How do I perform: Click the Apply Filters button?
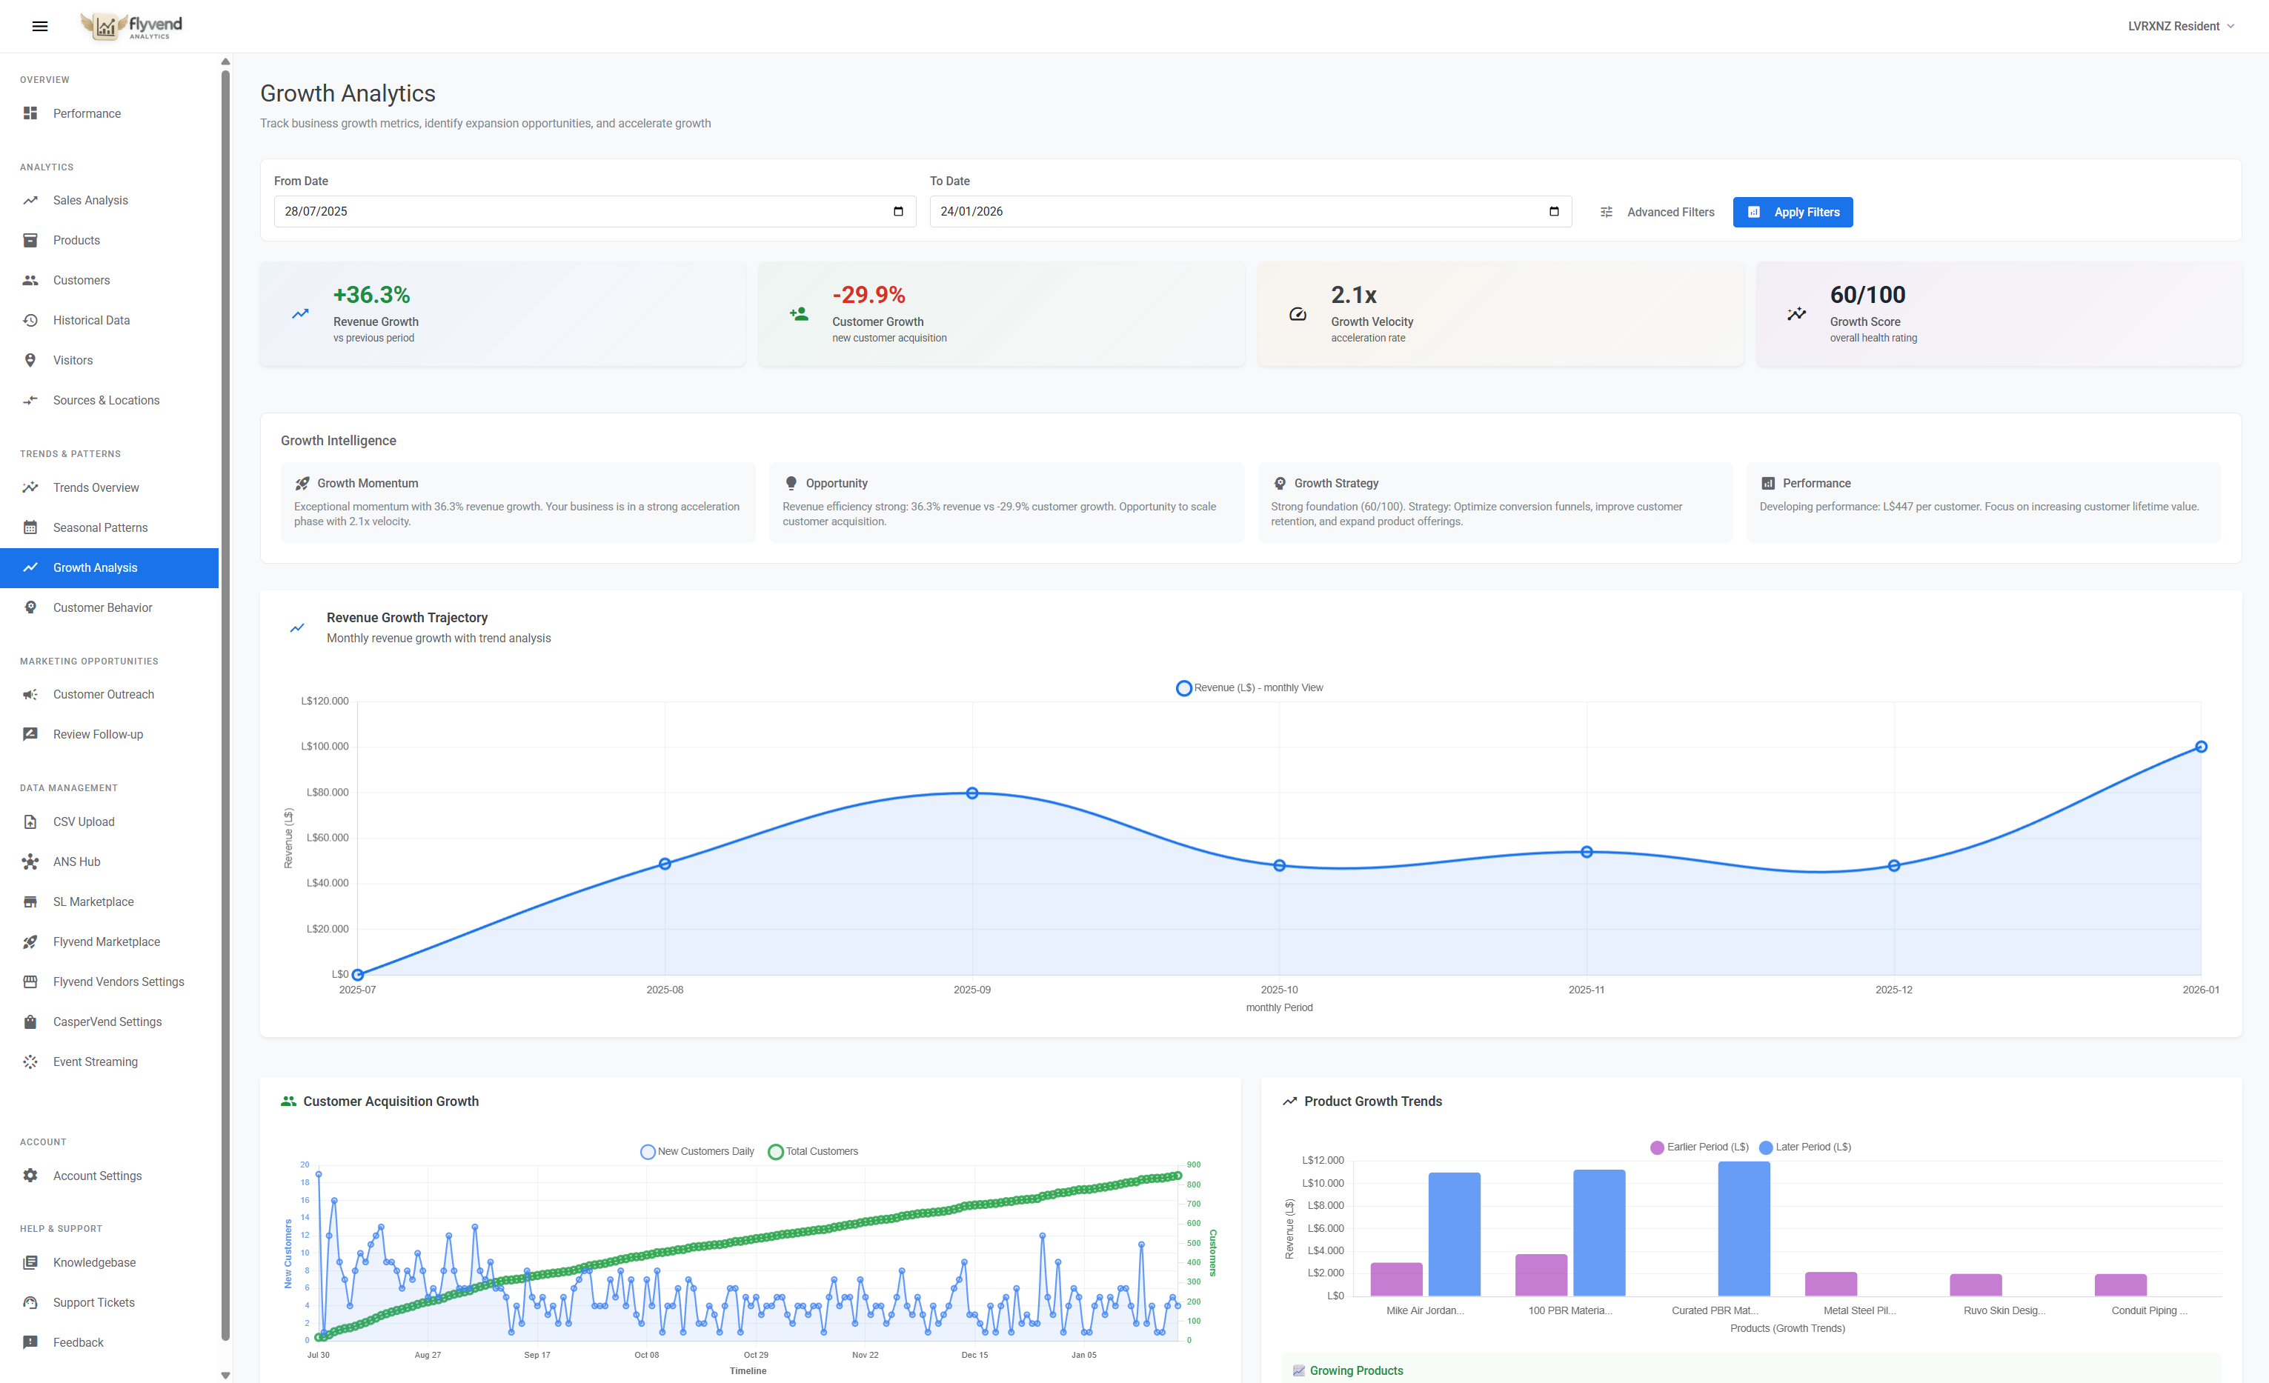tap(1792, 212)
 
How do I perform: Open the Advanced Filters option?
tap(1657, 212)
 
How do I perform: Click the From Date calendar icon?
tap(898, 212)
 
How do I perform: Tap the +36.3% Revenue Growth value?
tap(371, 295)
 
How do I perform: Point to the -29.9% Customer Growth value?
tap(868, 295)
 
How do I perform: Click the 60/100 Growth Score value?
tap(1867, 295)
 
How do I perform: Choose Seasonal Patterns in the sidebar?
tap(100, 527)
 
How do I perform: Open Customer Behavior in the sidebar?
tap(102, 607)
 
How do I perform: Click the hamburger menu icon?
tap(39, 26)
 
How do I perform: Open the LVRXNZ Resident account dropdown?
tap(2179, 26)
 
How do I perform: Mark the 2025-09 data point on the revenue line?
tap(971, 793)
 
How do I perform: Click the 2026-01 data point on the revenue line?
tap(2200, 747)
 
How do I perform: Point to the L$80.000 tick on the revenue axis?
tap(327, 792)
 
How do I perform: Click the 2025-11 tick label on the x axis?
tap(1586, 990)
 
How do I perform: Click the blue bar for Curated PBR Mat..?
tap(1743, 1228)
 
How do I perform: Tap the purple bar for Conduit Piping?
tap(2120, 1284)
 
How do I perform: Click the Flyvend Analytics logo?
tap(130, 26)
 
